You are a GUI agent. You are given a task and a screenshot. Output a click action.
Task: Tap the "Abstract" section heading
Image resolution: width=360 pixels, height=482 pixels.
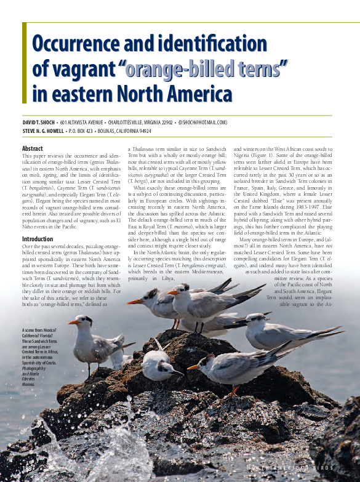pyautogui.click(x=33, y=149)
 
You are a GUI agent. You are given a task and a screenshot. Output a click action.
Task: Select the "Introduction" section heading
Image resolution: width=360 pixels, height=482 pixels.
pyautogui.click(x=38, y=239)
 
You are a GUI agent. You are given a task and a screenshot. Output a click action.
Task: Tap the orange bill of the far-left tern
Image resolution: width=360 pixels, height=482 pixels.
pyautogui.click(x=73, y=322)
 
